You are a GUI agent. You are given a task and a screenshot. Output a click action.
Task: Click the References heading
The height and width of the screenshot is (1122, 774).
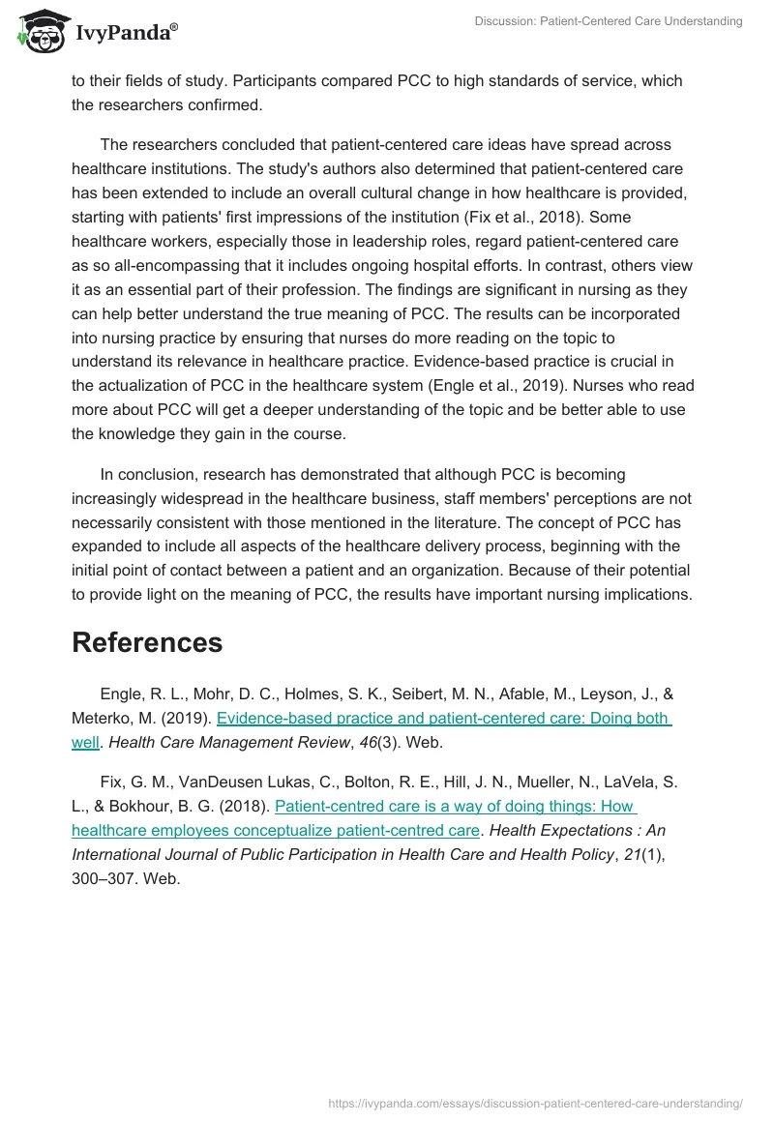coord(147,642)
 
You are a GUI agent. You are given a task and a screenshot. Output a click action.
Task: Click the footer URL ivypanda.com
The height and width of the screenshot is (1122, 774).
coord(536,1103)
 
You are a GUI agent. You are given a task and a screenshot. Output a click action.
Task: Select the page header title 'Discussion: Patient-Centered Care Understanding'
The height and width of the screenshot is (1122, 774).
coord(609,21)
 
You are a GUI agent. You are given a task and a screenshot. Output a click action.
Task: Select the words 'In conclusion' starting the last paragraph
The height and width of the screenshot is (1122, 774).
coord(146,474)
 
